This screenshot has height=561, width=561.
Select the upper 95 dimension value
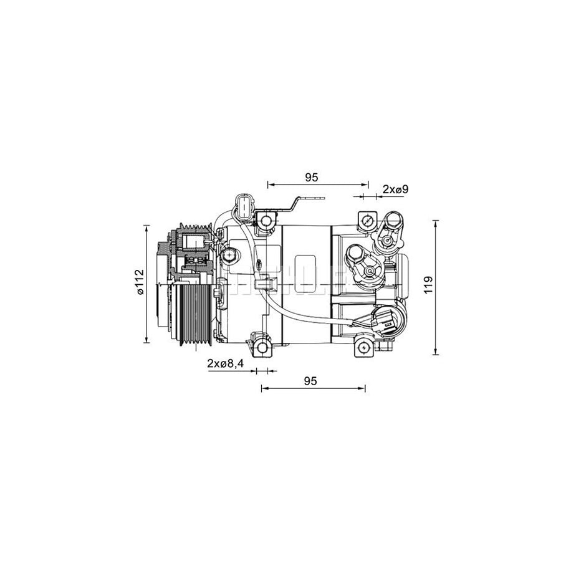312,177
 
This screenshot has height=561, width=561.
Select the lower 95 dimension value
312,380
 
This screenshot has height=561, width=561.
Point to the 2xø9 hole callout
395,188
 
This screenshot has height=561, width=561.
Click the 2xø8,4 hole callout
224,363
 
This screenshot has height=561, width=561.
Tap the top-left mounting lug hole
267,220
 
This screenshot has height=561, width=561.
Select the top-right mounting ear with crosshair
367,220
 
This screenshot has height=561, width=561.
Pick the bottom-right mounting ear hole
362,347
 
